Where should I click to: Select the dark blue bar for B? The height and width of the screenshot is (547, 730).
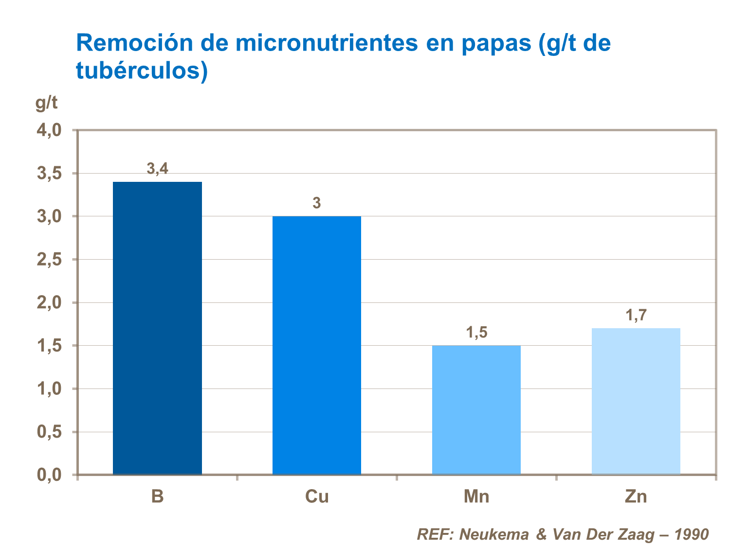point(157,328)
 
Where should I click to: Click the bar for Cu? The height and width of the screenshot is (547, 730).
point(317,345)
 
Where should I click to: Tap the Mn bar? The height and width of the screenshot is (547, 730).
point(476,410)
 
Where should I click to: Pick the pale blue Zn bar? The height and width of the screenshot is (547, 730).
point(636,401)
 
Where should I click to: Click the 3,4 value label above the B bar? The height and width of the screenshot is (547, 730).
point(157,169)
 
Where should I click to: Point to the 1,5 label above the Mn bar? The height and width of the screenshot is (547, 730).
point(476,333)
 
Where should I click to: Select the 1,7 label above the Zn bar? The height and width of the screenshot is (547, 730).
point(636,316)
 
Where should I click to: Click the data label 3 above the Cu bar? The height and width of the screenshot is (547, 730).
point(317,203)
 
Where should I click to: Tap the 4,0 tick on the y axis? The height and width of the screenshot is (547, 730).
point(49,130)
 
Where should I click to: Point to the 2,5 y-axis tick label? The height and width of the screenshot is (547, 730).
point(49,260)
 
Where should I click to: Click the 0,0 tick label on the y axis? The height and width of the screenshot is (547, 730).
point(49,475)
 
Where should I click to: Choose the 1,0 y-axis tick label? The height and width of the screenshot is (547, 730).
point(49,389)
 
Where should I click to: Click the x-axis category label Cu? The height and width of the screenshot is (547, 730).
point(317,497)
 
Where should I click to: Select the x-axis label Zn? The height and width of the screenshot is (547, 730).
point(636,497)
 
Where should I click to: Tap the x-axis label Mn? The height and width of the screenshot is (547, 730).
point(476,497)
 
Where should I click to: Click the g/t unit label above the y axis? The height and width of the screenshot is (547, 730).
point(46,103)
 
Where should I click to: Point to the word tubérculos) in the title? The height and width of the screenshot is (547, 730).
point(142,71)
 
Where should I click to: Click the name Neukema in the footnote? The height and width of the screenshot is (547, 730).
point(494,534)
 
